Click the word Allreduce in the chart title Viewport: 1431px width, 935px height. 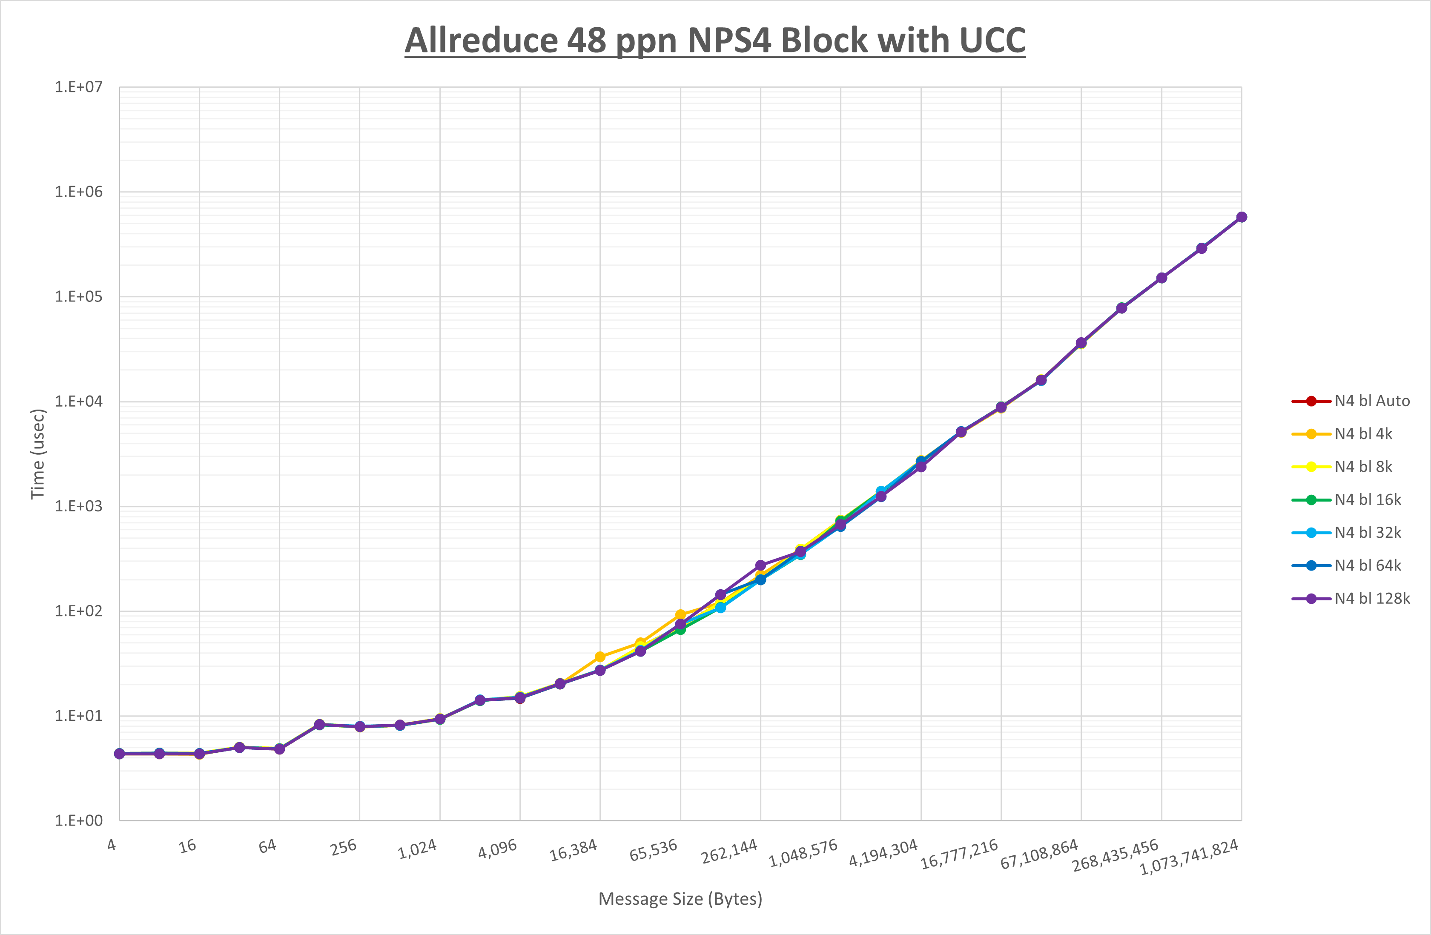click(x=482, y=41)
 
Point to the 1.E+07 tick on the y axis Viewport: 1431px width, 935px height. click(x=79, y=87)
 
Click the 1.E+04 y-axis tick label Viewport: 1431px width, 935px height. click(x=79, y=401)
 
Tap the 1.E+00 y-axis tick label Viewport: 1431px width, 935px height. click(x=79, y=821)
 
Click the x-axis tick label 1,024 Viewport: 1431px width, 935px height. click(x=417, y=849)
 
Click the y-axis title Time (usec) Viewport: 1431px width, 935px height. click(x=38, y=454)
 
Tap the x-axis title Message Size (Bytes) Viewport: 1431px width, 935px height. click(x=680, y=899)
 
